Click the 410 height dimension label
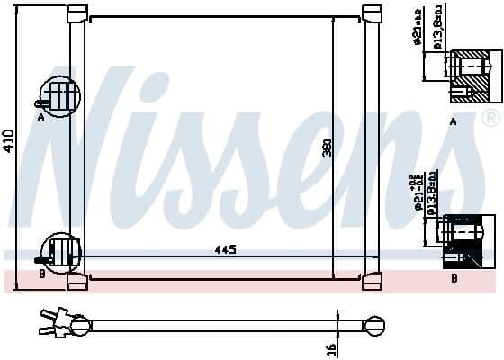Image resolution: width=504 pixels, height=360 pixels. pos(9,140)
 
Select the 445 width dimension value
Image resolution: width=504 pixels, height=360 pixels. pos(225,249)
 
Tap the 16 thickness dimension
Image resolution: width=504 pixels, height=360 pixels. pos(330,347)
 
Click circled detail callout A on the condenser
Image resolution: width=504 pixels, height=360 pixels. pos(58,96)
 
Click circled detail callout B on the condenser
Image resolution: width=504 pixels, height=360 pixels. pos(61,252)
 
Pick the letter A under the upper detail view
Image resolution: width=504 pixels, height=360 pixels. pos(453,121)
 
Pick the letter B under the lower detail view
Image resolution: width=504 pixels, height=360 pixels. pos(454,278)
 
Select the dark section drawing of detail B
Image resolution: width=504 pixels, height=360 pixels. pos(469,240)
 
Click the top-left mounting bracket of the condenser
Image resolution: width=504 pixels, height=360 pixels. pos(77,14)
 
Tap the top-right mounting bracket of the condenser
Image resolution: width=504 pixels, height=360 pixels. pos(372,14)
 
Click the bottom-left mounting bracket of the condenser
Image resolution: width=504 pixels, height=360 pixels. pos(77,280)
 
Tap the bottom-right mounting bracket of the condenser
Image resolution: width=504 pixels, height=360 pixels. pos(372,280)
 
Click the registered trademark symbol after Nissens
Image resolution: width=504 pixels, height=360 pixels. pos(490,119)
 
